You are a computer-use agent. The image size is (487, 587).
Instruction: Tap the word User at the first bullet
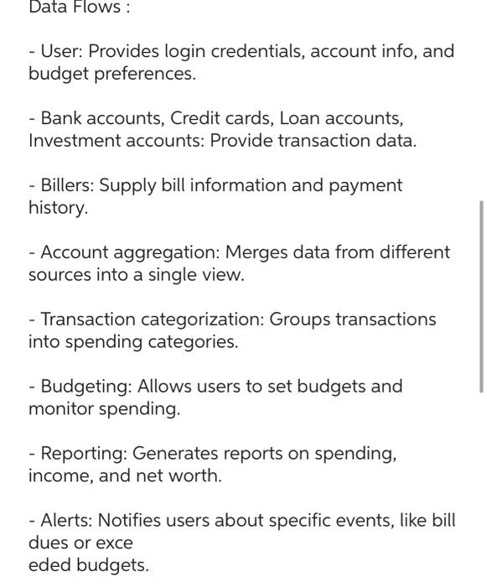tap(60, 51)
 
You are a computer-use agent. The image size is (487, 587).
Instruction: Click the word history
tap(58, 208)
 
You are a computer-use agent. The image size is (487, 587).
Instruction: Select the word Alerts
tap(66, 521)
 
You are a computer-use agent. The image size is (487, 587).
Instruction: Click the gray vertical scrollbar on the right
tap(481, 296)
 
